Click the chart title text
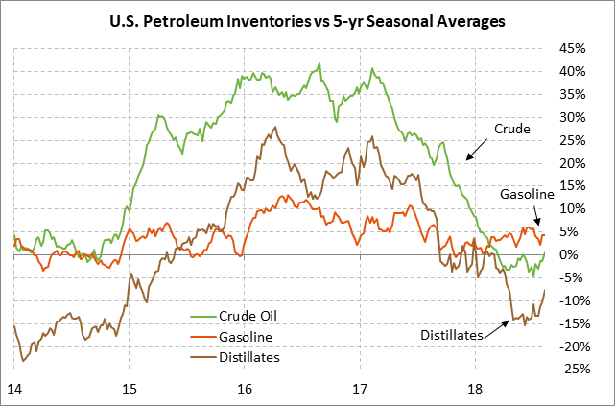point(307,19)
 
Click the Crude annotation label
point(512,129)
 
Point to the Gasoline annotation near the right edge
point(528,195)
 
